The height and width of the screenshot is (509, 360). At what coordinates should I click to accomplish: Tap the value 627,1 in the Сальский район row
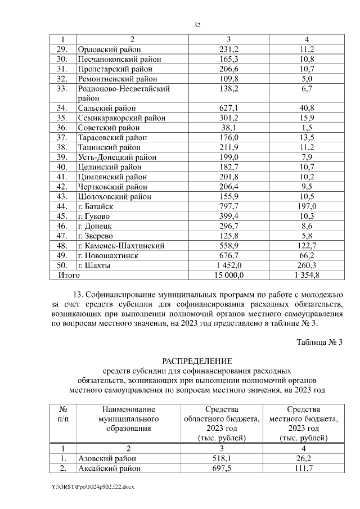pos(229,108)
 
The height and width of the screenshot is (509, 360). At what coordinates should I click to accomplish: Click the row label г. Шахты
pos(94,265)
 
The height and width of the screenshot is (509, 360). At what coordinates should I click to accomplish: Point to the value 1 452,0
pos(229,265)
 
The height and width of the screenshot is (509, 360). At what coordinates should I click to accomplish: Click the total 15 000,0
pos(229,276)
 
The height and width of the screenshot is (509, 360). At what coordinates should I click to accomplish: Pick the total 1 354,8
pos(307,276)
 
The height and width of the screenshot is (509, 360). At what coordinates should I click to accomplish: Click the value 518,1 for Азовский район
pos(229,459)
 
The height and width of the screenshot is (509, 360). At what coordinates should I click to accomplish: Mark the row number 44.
pos(62,206)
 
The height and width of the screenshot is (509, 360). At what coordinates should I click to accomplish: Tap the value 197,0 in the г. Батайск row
pos(307,206)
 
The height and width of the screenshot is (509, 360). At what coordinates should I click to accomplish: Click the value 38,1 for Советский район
pos(229,128)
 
